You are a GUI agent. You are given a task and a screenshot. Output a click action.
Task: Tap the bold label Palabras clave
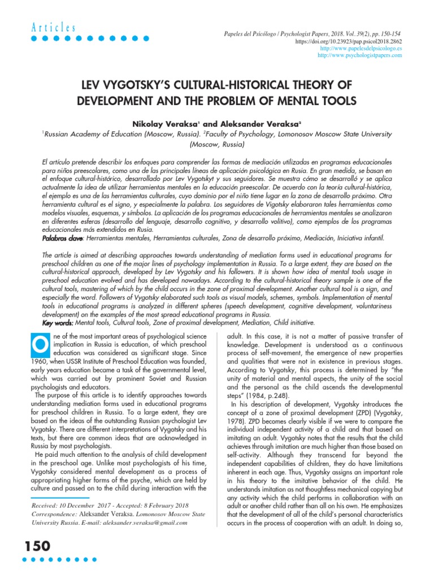click(x=63, y=239)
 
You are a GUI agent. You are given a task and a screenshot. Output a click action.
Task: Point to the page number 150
click(x=36, y=546)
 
